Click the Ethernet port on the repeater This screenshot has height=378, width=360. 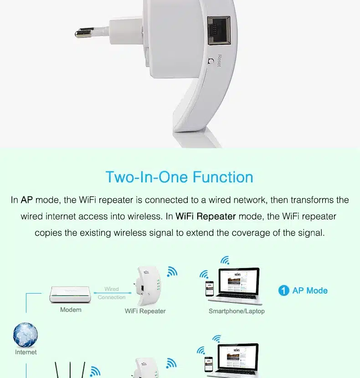pos(219,31)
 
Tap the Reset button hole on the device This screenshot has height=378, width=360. pos(211,61)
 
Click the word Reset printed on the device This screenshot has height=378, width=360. pos(219,61)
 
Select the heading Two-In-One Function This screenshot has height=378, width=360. pos(180,177)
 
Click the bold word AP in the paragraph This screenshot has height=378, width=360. pos(27,200)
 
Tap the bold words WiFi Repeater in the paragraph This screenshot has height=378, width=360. pos(206,216)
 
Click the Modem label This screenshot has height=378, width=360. pos(71,310)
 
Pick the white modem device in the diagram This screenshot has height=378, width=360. pos(70,295)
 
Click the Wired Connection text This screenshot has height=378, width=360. pos(112,293)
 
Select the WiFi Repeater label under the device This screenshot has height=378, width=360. pos(145,311)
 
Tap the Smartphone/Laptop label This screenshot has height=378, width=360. pos(237,311)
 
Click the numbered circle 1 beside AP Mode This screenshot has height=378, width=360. pos(283,290)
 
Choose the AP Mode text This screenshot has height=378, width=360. pos(310,290)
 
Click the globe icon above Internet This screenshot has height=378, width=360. pos(26,335)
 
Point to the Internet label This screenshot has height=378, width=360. pos(26,352)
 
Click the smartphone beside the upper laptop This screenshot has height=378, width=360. pos(210,289)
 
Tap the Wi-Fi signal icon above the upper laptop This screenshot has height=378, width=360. pos(225,260)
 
